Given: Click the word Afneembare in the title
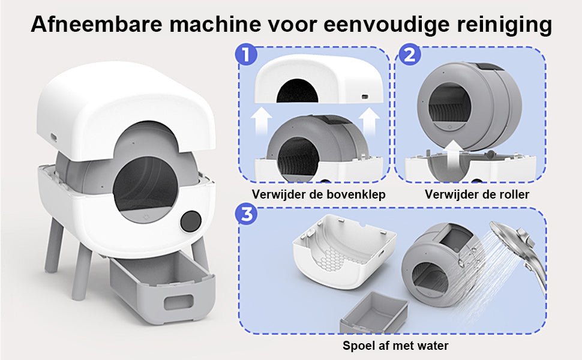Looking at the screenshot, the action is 97,24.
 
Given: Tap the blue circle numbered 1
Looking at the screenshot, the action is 246,55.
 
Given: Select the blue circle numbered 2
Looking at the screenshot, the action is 409,55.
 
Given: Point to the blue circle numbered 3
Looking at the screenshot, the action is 246,215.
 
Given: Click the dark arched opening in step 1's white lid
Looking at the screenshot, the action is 297,91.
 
